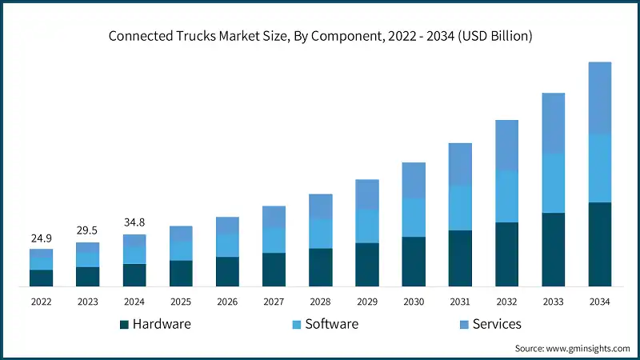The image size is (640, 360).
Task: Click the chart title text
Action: tap(320, 37)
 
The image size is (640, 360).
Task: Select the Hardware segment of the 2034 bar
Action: tap(599, 244)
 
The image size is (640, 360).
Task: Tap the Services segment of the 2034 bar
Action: tap(599, 98)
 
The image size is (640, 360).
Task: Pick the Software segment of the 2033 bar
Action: tap(553, 183)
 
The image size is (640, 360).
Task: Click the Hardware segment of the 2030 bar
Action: tap(414, 261)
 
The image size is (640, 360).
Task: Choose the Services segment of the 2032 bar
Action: tap(506, 145)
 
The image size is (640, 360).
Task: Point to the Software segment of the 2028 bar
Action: tap(320, 233)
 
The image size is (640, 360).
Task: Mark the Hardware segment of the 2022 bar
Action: tap(41, 278)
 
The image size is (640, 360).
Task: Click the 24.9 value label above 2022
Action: tap(41, 238)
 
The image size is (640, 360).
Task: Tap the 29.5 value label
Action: tap(87, 231)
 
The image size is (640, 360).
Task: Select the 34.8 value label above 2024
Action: tap(134, 223)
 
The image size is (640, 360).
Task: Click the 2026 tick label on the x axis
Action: tap(227, 302)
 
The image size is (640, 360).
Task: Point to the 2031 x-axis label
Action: tap(460, 302)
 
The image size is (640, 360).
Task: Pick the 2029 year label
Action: tap(366, 302)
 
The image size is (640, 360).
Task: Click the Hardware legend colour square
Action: tap(124, 325)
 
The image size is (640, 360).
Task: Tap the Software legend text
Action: tap(331, 324)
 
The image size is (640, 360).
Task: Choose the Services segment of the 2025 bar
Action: tap(181, 234)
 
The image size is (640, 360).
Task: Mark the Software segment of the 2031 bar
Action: tap(460, 208)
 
